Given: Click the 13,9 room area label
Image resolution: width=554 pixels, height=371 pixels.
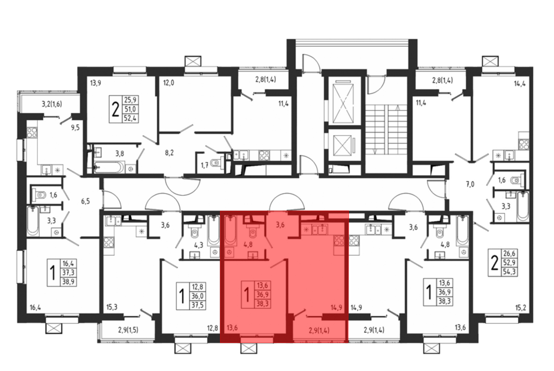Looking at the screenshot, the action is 96,83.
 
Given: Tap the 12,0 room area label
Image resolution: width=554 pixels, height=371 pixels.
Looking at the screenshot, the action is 168,83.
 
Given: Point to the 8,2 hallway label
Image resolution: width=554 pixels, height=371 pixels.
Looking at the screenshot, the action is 169,153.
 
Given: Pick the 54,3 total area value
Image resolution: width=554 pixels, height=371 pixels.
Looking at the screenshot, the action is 509,272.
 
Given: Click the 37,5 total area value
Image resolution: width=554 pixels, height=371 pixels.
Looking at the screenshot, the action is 198,305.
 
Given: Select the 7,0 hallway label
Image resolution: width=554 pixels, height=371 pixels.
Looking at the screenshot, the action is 470,184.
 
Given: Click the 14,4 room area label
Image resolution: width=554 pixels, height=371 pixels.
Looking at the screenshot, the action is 520,83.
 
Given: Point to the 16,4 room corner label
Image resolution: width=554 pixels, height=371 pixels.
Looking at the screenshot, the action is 35,307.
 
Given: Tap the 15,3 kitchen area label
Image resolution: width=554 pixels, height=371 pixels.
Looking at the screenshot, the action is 112,307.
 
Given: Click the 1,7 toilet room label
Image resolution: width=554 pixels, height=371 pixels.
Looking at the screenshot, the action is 204,166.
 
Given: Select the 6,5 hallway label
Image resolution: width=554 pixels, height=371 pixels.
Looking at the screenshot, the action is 85,201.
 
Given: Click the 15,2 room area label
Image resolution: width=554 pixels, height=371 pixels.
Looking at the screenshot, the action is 520,308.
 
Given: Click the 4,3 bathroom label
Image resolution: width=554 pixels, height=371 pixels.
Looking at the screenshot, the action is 199,245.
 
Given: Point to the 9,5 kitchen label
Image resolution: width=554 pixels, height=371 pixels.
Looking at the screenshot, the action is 75,128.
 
